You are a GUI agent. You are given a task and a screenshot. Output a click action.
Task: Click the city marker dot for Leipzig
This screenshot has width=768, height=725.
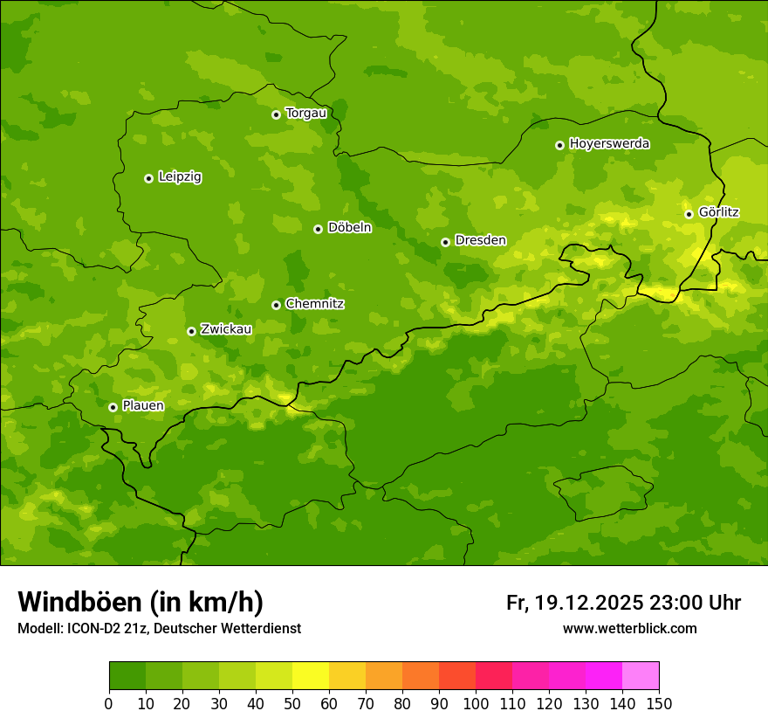[148, 178]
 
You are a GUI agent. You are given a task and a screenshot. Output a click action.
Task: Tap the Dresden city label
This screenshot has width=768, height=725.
[480, 240]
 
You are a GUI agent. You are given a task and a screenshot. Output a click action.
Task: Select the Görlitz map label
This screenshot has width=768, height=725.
[719, 212]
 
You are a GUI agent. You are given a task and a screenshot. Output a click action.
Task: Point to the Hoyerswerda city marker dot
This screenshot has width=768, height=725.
[559, 145]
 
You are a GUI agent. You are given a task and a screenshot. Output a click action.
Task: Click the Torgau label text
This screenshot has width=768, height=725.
[306, 114]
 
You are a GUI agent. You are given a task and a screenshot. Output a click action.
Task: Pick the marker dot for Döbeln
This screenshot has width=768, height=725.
[318, 229]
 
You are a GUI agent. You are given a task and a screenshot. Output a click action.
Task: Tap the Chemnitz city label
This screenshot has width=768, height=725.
[315, 304]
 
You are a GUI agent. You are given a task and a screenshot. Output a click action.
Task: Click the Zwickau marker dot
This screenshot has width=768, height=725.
[191, 331]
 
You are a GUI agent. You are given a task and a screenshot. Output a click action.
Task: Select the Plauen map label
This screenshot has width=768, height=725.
[143, 406]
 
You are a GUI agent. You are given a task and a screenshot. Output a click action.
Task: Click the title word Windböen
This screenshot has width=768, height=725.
[79, 602]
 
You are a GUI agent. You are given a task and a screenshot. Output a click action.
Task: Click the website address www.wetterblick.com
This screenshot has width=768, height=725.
[629, 628]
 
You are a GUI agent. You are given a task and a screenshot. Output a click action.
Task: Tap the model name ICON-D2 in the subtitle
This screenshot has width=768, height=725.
[96, 628]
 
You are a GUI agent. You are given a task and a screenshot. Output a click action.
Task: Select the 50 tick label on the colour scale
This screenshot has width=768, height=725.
[292, 703]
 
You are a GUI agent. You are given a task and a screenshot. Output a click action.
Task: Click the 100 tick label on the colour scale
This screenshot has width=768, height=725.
[476, 703]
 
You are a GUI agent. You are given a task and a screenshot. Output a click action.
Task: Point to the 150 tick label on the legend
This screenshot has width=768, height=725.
[659, 703]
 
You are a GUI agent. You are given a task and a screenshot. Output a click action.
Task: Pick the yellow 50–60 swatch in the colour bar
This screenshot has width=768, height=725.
[311, 676]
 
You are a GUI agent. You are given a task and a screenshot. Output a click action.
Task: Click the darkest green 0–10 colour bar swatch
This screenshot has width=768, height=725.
[127, 676]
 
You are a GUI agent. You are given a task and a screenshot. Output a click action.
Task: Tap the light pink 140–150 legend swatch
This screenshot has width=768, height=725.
[641, 676]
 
